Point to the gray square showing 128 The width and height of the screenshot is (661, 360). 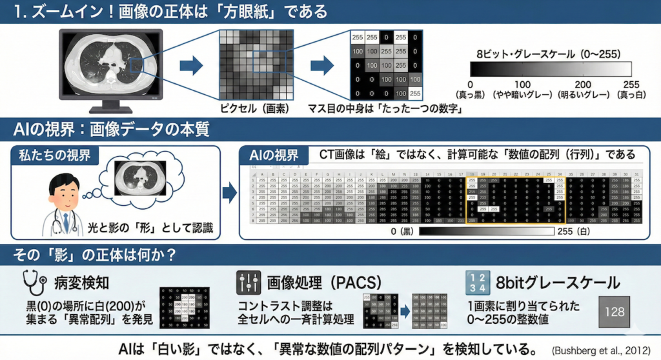point(615,312)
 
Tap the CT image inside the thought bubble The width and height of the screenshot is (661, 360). point(138,178)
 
